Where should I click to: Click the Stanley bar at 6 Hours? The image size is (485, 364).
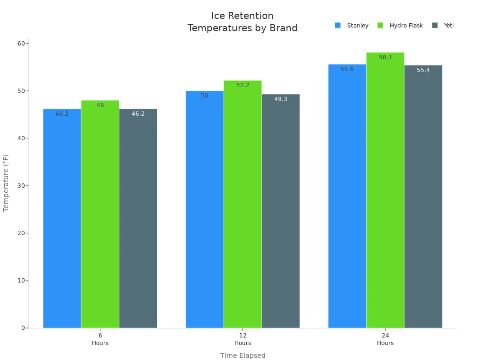[62, 218]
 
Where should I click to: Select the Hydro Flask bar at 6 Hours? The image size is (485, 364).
[100, 214]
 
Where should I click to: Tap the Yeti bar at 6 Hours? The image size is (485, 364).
[138, 218]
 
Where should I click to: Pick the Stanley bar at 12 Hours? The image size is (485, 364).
[205, 209]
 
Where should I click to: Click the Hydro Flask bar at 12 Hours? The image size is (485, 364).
[242, 204]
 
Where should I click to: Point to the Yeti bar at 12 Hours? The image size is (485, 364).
[280, 211]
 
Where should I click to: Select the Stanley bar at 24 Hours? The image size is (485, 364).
[347, 196]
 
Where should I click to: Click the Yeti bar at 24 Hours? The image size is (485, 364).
[423, 196]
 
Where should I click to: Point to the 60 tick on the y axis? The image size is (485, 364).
[21, 44]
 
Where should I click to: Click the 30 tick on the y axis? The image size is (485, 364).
[21, 186]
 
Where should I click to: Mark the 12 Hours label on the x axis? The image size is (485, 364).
[242, 339]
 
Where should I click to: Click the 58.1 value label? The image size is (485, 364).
[385, 57]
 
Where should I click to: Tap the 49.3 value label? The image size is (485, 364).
[280, 99]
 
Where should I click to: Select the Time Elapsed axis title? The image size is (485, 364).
[242, 355]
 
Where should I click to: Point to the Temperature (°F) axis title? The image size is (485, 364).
[6, 182]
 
